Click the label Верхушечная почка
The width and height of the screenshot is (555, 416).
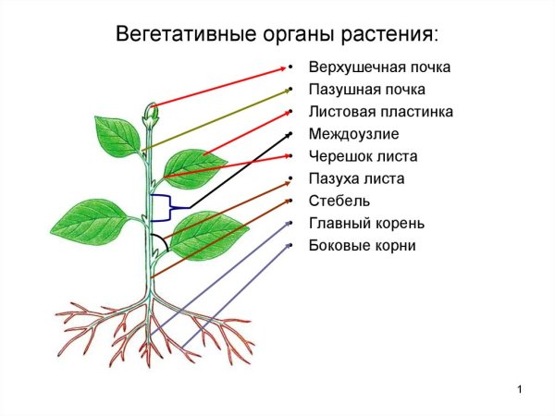[380, 67]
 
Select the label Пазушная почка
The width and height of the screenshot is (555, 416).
[367, 90]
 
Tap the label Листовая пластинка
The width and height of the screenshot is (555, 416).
[381, 112]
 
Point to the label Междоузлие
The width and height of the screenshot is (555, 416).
[354, 134]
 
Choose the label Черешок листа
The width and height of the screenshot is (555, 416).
[363, 156]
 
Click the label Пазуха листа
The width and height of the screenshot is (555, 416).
[356, 178]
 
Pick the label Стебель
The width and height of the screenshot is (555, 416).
[339, 201]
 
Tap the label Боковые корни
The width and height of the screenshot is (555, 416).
[363, 245]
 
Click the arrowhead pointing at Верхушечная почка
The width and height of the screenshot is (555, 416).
[281, 67]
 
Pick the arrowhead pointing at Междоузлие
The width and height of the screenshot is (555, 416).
[281, 135]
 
